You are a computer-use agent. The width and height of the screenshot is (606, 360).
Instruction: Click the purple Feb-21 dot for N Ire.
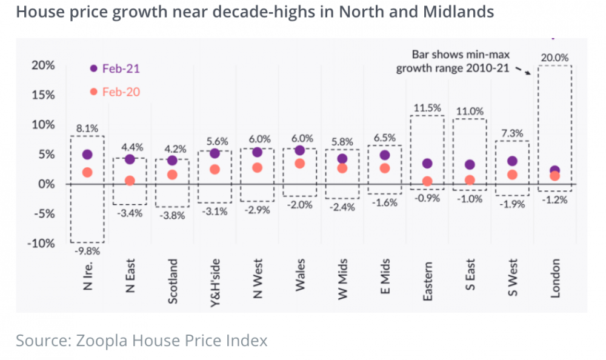click(x=87, y=155)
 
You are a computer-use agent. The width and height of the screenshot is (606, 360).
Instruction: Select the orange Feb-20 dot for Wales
click(x=299, y=164)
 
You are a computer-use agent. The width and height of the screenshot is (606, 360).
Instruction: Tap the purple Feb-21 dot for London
click(x=554, y=171)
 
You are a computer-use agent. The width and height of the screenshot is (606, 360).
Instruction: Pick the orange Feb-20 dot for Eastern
click(x=427, y=181)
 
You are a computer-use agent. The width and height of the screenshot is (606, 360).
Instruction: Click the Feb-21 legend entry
click(x=115, y=68)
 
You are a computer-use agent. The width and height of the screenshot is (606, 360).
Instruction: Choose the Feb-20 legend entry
click(x=115, y=92)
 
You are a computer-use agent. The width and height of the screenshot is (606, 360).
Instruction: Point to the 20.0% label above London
click(x=554, y=58)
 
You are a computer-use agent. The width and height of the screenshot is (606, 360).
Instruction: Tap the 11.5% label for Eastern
click(x=427, y=108)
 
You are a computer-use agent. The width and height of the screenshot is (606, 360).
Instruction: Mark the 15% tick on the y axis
click(x=44, y=95)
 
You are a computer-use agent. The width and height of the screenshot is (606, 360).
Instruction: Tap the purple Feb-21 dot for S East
click(x=470, y=165)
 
